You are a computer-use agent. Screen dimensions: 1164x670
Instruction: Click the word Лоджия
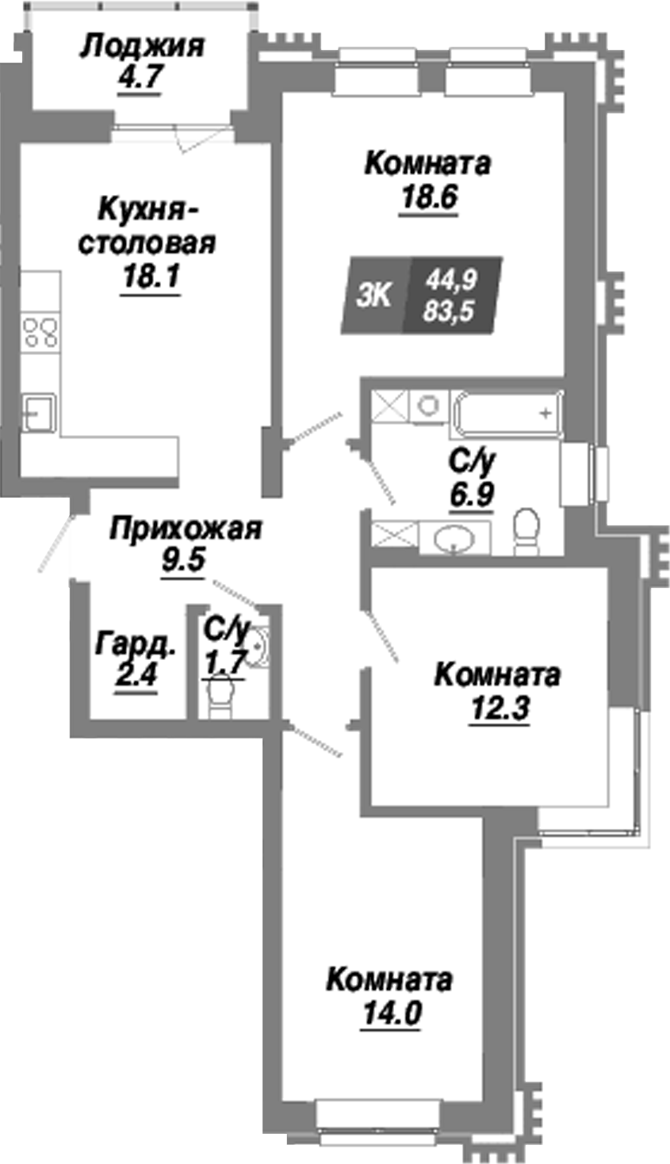(142, 46)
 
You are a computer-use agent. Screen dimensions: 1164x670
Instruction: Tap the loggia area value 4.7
(140, 79)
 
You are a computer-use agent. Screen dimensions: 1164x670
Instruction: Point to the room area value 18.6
(429, 196)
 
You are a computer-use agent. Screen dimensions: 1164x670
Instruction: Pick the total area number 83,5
(449, 310)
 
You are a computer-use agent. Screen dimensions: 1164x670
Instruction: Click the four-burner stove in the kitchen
(40, 332)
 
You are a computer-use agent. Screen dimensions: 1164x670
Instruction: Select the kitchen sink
(37, 412)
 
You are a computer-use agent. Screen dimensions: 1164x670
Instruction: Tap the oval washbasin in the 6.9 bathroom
(454, 538)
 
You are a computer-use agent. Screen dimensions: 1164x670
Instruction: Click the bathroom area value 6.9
(473, 494)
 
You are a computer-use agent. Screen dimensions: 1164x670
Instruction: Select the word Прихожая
(186, 528)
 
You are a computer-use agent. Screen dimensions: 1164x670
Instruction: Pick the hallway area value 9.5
(183, 560)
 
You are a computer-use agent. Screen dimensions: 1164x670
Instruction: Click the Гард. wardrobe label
(136, 645)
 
